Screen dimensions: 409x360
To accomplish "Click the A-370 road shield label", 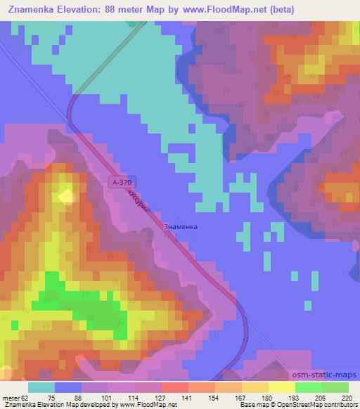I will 122,182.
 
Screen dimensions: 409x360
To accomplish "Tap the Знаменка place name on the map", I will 180,227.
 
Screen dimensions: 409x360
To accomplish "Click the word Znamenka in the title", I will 34,10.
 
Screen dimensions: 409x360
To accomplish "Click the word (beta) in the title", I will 278,10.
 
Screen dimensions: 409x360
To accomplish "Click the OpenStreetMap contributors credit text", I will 324,405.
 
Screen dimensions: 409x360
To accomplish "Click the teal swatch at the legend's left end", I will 41,387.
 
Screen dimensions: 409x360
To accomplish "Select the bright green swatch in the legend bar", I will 308,387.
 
